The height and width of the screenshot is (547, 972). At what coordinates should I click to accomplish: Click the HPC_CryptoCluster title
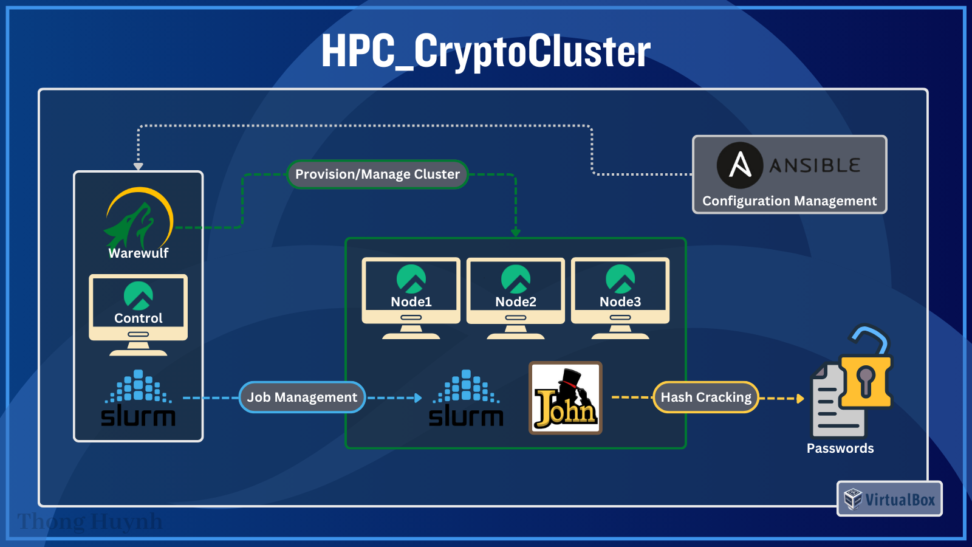coord(486,51)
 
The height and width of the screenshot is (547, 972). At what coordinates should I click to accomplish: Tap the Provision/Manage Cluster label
coord(377,174)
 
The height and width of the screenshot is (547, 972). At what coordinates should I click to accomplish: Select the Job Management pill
coord(302,397)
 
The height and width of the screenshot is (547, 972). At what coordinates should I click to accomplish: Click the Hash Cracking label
coord(706,397)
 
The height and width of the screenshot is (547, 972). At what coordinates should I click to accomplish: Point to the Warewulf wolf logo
coord(139,219)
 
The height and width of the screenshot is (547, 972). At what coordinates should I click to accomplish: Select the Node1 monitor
coord(411,292)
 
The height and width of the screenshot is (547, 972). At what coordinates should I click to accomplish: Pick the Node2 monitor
coord(516,292)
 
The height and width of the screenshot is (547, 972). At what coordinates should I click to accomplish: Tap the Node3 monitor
coord(620,292)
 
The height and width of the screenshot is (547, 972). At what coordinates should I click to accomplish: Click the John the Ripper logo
coord(566,398)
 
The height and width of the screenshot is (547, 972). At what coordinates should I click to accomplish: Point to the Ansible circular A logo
coord(739,165)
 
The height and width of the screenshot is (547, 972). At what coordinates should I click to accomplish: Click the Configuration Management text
coord(789,201)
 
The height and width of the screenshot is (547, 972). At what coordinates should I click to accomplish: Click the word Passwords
coord(840,449)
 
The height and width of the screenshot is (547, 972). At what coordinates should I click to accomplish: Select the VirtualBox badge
coord(889,499)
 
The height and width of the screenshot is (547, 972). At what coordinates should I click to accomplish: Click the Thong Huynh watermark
coord(90,521)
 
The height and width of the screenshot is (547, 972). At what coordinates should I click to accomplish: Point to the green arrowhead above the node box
coord(516,232)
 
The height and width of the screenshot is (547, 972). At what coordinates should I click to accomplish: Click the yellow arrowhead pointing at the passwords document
coord(800,399)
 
